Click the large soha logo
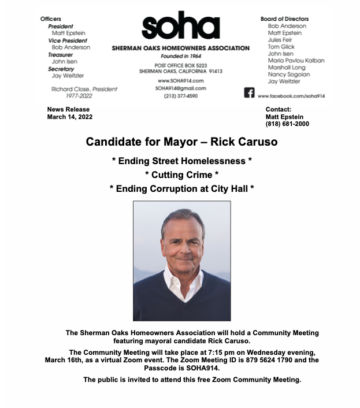pos(180,27)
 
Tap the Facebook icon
pos(249,93)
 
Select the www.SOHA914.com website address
pos(180,80)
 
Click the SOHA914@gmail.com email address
pos(180,88)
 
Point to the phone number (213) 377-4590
pos(180,96)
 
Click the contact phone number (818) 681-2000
pos(287,124)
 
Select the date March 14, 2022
pos(69,117)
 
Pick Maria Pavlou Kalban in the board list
pos(296,61)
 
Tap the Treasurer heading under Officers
pos(61,54)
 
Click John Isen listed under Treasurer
pos(65,61)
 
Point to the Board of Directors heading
pos(284,19)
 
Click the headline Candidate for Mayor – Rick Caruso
pos(181,142)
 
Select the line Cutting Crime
pos(181,174)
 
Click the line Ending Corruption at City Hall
pos(181,188)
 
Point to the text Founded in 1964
pos(180,57)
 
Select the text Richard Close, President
pos(84,90)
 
